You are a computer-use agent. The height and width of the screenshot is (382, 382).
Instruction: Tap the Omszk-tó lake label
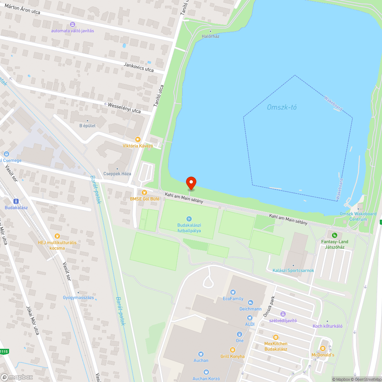tap(282, 107)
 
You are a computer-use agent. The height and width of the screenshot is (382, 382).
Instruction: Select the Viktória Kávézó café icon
tap(138, 140)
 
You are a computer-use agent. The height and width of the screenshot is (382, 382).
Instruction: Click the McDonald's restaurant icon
tap(323, 348)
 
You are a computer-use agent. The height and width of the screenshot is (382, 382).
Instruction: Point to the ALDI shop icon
tap(250, 318)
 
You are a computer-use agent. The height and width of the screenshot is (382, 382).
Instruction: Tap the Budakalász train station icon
tap(16, 201)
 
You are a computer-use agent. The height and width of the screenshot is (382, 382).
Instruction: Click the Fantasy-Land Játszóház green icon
tap(335, 235)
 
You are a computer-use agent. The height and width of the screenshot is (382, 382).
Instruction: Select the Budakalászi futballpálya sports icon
tap(189, 219)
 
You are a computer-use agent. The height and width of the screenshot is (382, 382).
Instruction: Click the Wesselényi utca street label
tap(125, 108)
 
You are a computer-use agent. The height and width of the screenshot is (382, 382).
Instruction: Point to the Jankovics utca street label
tap(138, 67)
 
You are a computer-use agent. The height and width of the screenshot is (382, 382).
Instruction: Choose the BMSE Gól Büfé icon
tap(144, 193)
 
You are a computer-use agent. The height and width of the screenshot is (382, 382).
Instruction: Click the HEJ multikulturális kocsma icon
tap(57, 236)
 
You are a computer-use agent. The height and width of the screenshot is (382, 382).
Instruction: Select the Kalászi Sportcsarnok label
tap(293, 270)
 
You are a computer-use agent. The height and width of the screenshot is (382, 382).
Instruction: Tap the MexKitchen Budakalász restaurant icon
tap(275, 337)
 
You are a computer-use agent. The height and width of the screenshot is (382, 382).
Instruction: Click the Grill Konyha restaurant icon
tap(232, 350)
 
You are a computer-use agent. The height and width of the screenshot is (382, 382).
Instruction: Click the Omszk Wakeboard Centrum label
tap(358, 217)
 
